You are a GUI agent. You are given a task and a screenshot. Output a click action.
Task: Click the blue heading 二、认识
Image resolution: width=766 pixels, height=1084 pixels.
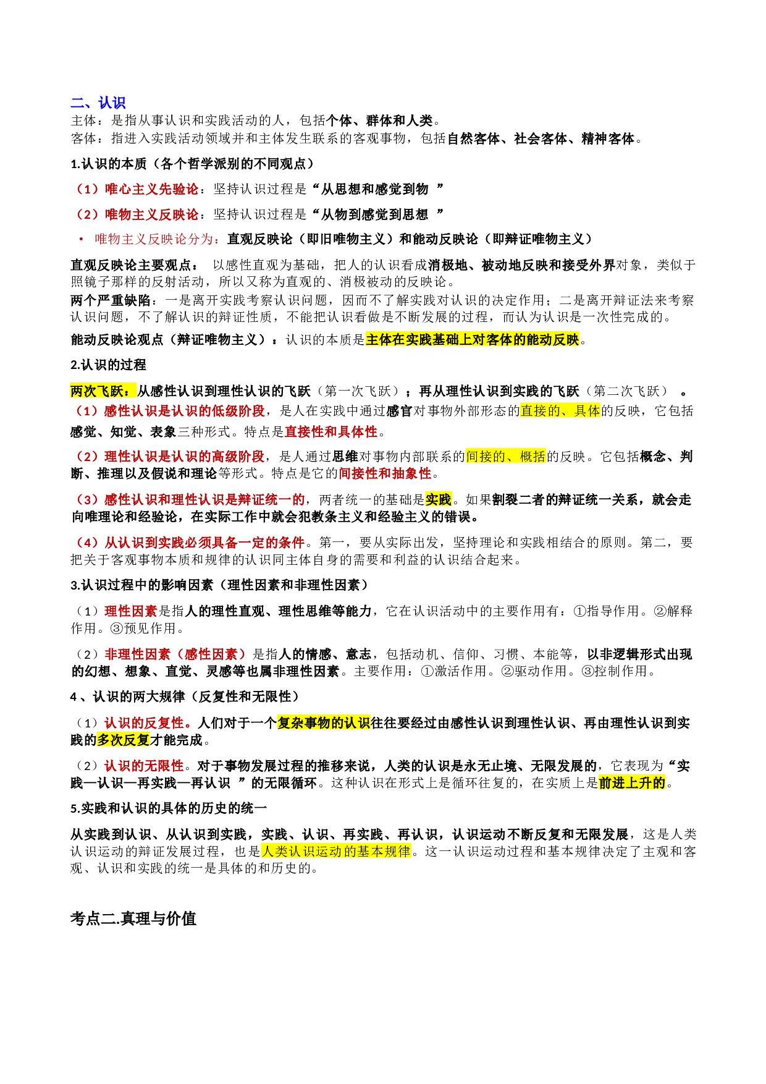(98, 103)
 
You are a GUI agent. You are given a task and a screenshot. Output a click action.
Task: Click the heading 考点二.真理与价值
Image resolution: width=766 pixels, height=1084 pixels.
(133, 918)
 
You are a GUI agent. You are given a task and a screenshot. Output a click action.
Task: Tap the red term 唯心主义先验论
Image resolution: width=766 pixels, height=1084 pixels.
(152, 189)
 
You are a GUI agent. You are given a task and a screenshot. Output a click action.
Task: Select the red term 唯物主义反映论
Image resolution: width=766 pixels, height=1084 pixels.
(152, 214)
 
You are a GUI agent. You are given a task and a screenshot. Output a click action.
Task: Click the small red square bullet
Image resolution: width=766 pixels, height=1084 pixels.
(81, 239)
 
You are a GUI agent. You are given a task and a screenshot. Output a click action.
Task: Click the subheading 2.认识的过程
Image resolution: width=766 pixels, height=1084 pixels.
(108, 365)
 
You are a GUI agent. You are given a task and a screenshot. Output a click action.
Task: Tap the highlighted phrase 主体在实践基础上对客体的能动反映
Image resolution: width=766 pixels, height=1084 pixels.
(473, 339)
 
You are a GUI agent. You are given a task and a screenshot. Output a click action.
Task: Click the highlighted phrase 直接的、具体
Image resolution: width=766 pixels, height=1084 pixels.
(560, 411)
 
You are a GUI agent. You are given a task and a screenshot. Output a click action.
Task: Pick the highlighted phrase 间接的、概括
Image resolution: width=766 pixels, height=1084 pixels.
(505, 456)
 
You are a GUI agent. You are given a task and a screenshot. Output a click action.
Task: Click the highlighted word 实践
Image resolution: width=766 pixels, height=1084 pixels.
(439, 499)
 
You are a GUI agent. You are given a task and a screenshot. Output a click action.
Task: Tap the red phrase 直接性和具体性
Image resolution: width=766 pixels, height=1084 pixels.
(331, 431)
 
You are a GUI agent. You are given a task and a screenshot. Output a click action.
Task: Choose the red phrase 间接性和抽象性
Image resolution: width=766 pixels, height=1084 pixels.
(385, 473)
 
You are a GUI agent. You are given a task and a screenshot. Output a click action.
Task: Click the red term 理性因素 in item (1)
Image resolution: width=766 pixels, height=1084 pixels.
(131, 611)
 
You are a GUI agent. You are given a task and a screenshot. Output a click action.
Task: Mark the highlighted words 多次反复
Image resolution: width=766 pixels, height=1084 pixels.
(124, 740)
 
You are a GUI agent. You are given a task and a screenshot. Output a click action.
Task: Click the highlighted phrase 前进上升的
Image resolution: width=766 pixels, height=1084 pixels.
(633, 783)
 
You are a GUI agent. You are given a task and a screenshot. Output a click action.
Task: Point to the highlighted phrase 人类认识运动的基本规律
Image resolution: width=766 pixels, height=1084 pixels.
(336, 851)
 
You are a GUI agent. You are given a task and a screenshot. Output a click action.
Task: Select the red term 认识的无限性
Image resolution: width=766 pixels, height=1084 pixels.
(144, 766)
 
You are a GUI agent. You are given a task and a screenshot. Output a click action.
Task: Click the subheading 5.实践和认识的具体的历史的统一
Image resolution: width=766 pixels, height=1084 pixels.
(169, 808)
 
